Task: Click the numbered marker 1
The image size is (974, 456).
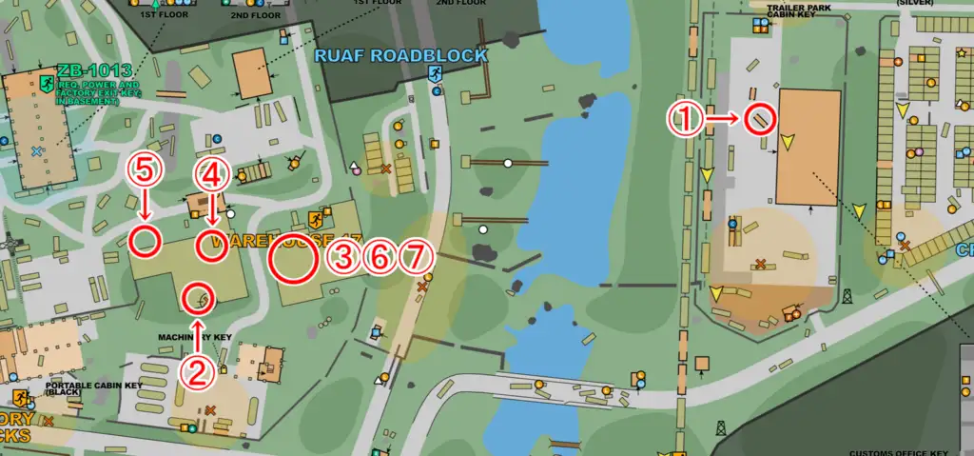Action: [x=685, y=119]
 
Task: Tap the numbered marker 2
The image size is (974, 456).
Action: [x=198, y=373]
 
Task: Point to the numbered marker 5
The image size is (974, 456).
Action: [x=145, y=170]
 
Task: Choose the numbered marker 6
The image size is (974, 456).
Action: [x=380, y=257]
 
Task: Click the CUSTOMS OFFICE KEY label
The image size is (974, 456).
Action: [x=899, y=452]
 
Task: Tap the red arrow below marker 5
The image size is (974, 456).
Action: [x=145, y=204]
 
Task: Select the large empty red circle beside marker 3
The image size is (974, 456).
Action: [x=293, y=257]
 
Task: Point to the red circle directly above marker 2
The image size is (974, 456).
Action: [x=199, y=299]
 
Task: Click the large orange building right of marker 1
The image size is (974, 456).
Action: [x=808, y=148]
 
